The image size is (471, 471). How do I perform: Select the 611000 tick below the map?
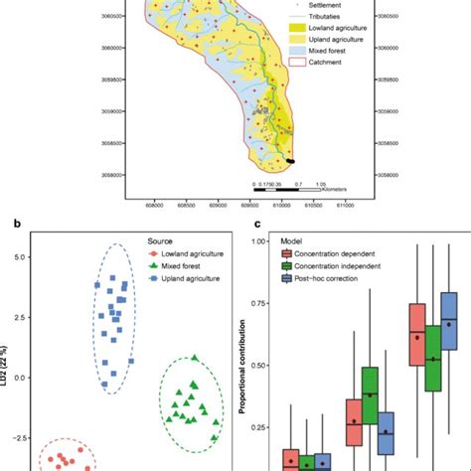[346, 206]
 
